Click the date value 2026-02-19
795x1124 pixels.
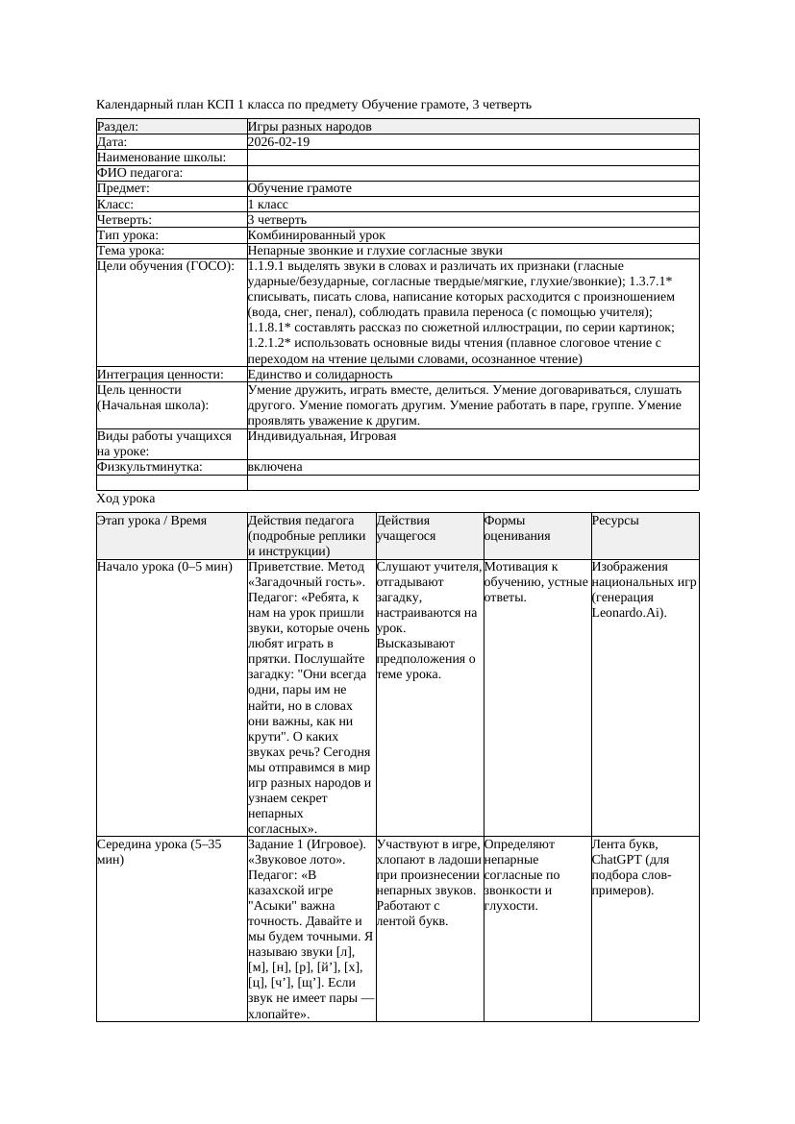(279, 142)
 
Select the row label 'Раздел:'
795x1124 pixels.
(118, 127)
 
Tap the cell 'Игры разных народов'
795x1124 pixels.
(310, 127)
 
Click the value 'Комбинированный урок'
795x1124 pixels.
(316, 235)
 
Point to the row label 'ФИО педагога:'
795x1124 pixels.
(140, 173)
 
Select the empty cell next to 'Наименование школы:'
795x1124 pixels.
(471, 158)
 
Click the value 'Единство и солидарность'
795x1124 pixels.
(320, 375)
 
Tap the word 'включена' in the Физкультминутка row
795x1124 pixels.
(275, 467)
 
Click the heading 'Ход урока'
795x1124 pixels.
(126, 499)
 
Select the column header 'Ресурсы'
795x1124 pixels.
(615, 521)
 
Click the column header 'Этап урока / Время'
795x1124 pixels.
(152, 521)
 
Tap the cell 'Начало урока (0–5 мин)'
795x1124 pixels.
(165, 567)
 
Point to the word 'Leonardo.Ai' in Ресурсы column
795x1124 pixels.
(628, 613)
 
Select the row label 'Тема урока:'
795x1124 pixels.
(131, 251)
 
